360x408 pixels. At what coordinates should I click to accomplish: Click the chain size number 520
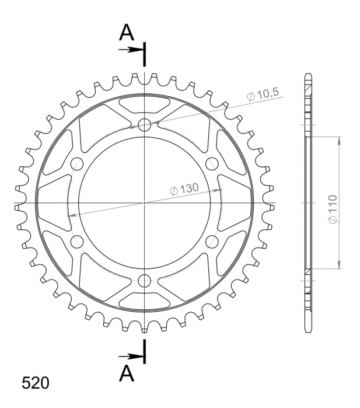pyautogui.click(x=36, y=383)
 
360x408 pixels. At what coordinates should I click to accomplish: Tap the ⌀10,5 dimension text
pyautogui.click(x=263, y=94)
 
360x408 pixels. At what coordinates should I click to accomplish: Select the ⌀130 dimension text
pyautogui.click(x=184, y=189)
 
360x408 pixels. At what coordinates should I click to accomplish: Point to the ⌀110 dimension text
pyautogui.click(x=333, y=209)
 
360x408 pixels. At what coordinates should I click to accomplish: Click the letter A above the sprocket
pyautogui.click(x=127, y=33)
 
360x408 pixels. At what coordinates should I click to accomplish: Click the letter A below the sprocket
pyautogui.click(x=127, y=372)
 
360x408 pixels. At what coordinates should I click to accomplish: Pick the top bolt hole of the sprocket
pyautogui.click(x=144, y=124)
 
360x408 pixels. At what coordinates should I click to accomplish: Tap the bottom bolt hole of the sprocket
pyautogui.click(x=144, y=280)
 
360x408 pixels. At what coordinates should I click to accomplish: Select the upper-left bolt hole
pyautogui.click(x=77, y=163)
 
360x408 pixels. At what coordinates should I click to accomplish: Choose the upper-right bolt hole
pyautogui.click(x=212, y=163)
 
